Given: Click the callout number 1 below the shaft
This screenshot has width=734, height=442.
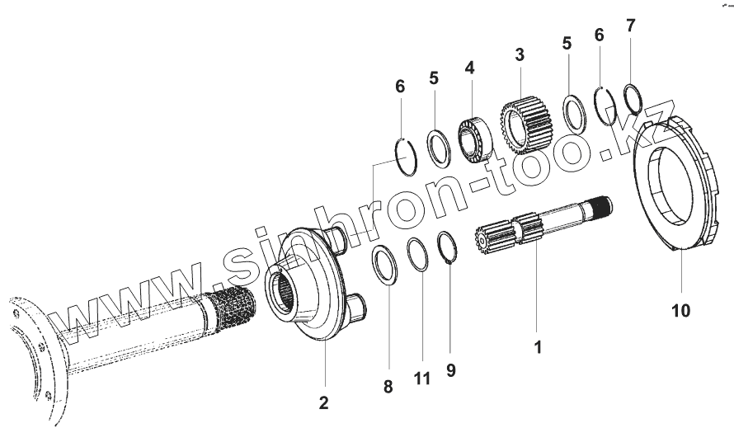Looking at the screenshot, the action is coord(538,348).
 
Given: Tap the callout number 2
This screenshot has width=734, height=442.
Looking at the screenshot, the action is coord(323,402).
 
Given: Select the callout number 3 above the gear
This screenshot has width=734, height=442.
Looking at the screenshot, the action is coord(519,56).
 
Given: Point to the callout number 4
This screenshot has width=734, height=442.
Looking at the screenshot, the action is coord(469,67).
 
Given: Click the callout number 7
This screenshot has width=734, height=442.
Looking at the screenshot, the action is coord(630,26).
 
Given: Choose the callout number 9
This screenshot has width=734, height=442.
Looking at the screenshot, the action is coord(450,370).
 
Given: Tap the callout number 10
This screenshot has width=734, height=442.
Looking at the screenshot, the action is coord(681,311).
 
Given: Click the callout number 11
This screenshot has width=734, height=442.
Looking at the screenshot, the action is coord(422,379).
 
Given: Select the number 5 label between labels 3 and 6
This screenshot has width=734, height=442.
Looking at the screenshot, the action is coord(567,44).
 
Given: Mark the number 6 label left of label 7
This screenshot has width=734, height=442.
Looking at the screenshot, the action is coord(599,35).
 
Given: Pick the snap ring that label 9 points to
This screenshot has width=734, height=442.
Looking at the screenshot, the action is coord(447,249).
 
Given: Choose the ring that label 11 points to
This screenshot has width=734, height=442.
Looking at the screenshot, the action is coord(419,254).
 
